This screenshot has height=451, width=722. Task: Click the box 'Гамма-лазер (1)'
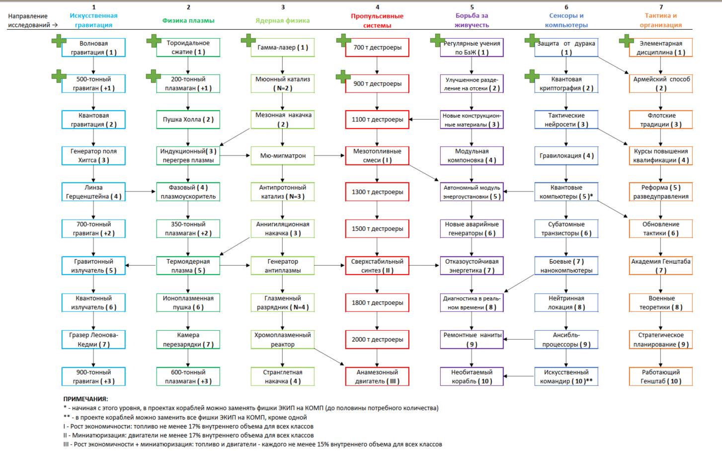point(283,48)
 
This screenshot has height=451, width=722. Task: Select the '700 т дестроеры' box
point(377,48)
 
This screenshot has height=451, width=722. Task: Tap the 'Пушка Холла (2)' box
point(188,120)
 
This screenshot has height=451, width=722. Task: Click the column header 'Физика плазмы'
point(188,20)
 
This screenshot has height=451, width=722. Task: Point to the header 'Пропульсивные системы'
point(377,20)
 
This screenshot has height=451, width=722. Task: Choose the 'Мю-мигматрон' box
point(283,155)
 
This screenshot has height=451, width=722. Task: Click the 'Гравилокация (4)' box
point(566,155)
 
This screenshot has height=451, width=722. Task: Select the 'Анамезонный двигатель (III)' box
point(377,376)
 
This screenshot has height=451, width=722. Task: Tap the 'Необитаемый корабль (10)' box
point(472,376)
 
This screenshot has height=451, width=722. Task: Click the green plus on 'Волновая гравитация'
point(59,41)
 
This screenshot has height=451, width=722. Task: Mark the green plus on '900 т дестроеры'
point(343,76)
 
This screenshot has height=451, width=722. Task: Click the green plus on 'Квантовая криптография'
point(532,76)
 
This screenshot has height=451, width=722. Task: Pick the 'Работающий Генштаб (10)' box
point(660,376)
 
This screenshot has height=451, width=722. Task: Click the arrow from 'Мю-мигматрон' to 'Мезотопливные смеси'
point(329,155)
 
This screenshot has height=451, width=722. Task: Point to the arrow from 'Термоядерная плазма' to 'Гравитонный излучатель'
point(141,265)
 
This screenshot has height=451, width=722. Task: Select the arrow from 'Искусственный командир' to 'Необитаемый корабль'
point(519,376)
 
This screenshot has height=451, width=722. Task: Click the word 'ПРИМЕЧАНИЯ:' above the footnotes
point(85,399)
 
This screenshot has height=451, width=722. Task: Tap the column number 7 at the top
point(661,7)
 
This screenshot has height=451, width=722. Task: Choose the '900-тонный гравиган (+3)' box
point(93,376)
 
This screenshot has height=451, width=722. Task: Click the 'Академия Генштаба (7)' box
point(660,266)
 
